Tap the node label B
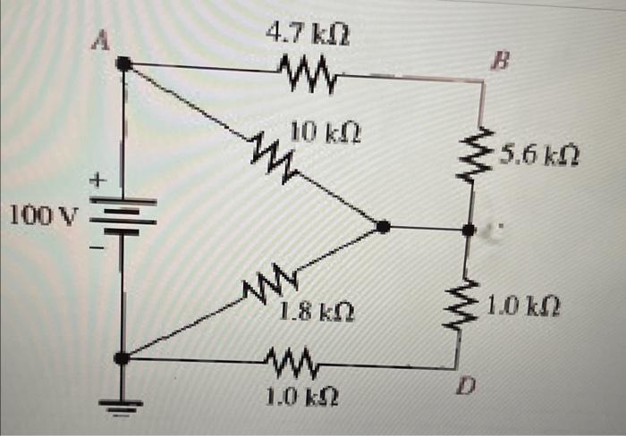coord(497,63)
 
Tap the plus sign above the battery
coord(100,180)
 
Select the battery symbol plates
coord(123,217)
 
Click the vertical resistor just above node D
coord(466,303)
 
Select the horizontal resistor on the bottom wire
coord(295,363)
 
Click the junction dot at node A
coord(124,64)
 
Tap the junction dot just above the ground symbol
coord(123,359)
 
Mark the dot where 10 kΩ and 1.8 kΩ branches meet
coord(383,228)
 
